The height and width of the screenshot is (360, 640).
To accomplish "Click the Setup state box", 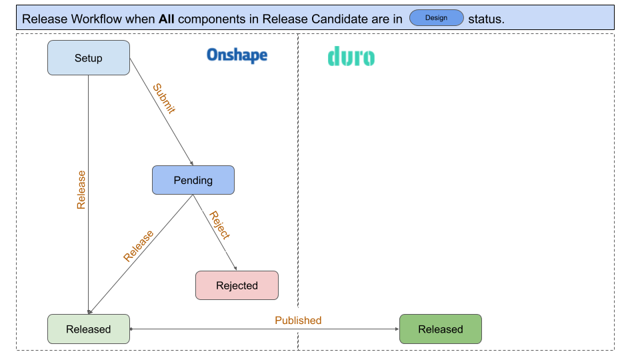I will [x=88, y=58].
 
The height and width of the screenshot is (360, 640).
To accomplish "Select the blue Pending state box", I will [x=193, y=180].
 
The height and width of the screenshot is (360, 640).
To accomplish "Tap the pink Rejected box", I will [x=237, y=285].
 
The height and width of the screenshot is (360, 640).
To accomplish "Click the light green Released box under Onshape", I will [x=88, y=329].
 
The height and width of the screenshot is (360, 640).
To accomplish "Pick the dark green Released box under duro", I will [x=440, y=329].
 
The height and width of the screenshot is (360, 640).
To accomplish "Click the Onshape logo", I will [x=237, y=55].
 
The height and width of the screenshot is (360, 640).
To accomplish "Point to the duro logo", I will [x=351, y=57].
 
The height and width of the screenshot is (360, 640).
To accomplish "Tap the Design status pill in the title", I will [x=436, y=18].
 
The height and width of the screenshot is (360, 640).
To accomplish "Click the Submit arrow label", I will [x=163, y=99].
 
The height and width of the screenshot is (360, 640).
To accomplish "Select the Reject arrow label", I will [x=219, y=225].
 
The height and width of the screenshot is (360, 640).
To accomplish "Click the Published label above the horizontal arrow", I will [x=298, y=320].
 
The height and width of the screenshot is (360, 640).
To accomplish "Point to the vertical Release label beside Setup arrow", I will [x=81, y=190].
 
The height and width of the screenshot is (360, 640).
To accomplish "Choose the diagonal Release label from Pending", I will [x=138, y=246].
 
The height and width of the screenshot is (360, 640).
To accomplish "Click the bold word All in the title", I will [x=166, y=19].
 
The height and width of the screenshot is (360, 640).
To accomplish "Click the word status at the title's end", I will [x=486, y=19].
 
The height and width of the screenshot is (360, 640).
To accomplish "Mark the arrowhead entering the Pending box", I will [x=192, y=163].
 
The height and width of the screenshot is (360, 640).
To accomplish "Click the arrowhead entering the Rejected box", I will [x=235, y=269].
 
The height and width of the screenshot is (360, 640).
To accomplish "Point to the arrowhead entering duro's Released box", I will [x=397, y=329].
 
